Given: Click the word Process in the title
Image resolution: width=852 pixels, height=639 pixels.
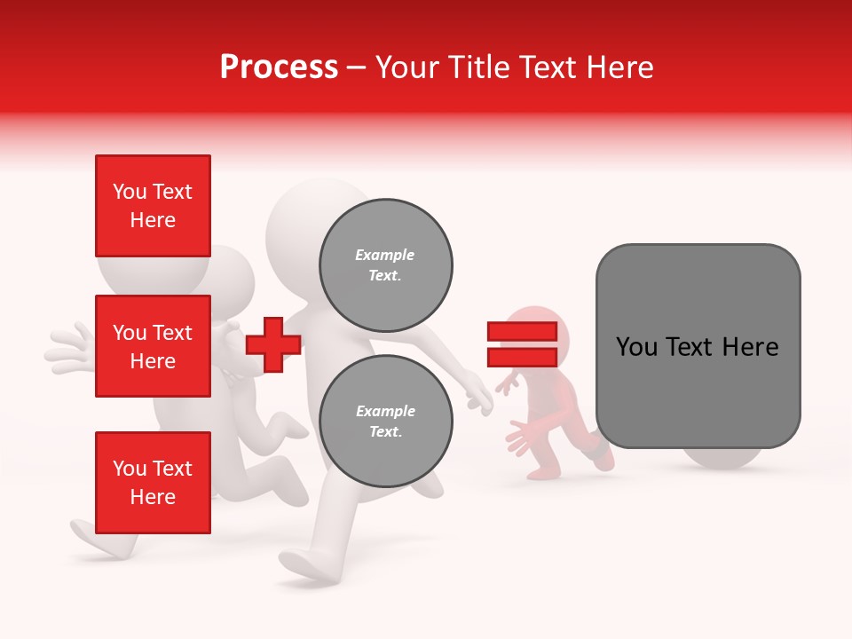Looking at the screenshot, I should (x=279, y=67).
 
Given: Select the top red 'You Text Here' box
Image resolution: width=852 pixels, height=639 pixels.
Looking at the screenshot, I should (x=153, y=206).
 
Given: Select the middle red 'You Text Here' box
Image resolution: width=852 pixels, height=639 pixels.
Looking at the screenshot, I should (x=153, y=346).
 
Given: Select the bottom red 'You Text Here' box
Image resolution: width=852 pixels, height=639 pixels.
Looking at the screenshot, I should (x=153, y=482).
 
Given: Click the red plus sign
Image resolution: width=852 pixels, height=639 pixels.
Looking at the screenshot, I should (x=273, y=343).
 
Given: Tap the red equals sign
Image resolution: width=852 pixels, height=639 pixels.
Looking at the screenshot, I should (x=522, y=344).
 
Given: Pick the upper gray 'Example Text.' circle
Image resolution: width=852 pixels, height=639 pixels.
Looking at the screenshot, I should (x=385, y=265).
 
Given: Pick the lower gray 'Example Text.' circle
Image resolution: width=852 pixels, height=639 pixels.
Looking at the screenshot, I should (x=385, y=422).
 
